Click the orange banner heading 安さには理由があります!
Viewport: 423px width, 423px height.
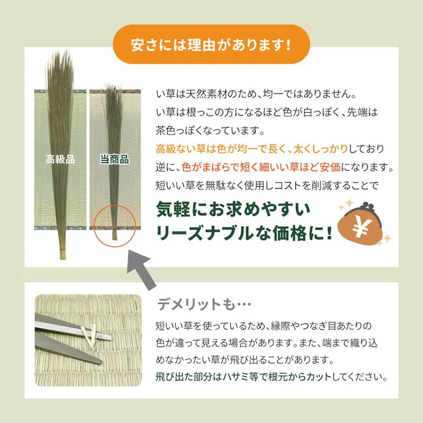click(211, 44)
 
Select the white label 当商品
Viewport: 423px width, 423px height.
click(114, 159)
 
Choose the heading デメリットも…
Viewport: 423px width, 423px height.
click(205, 304)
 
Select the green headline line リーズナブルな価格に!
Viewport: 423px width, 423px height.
click(243, 233)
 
